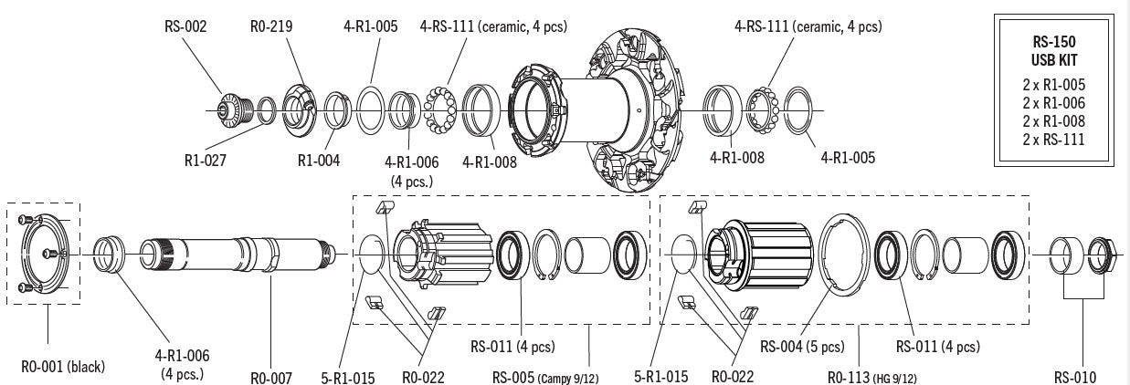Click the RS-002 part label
185,26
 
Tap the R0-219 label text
271,26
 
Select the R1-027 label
206,161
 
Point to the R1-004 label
319,161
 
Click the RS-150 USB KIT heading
1054,51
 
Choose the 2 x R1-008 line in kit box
1054,121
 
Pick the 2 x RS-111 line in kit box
1054,139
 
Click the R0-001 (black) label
63,367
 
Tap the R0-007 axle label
271,378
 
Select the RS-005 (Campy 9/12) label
545,378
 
